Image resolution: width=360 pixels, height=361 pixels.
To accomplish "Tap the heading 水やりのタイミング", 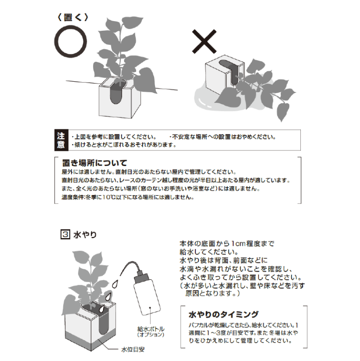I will tap(224, 314).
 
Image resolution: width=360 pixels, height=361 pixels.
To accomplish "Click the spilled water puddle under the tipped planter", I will tap(206, 98).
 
